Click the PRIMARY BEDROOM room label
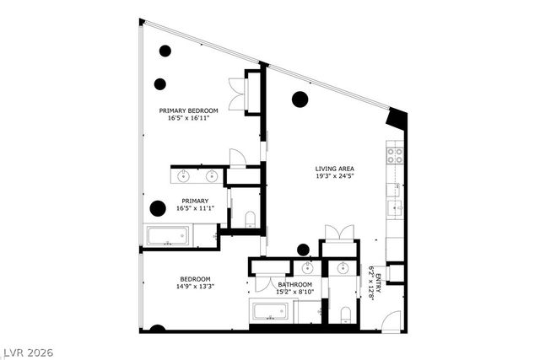click(189, 110)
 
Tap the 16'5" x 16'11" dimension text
click(189, 118)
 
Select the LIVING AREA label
click(333, 168)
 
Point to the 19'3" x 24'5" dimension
click(333, 175)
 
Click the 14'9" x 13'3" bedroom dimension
click(195, 287)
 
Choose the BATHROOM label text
click(295, 285)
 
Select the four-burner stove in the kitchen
click(394, 155)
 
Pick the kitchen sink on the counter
click(395, 207)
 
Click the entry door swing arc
click(391, 321)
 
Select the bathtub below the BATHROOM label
click(272, 311)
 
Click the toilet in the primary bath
click(250, 219)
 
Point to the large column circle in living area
click(300, 99)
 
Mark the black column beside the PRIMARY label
click(157, 208)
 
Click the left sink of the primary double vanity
click(185, 176)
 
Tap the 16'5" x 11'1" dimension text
click(192, 208)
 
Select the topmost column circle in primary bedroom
click(165, 51)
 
